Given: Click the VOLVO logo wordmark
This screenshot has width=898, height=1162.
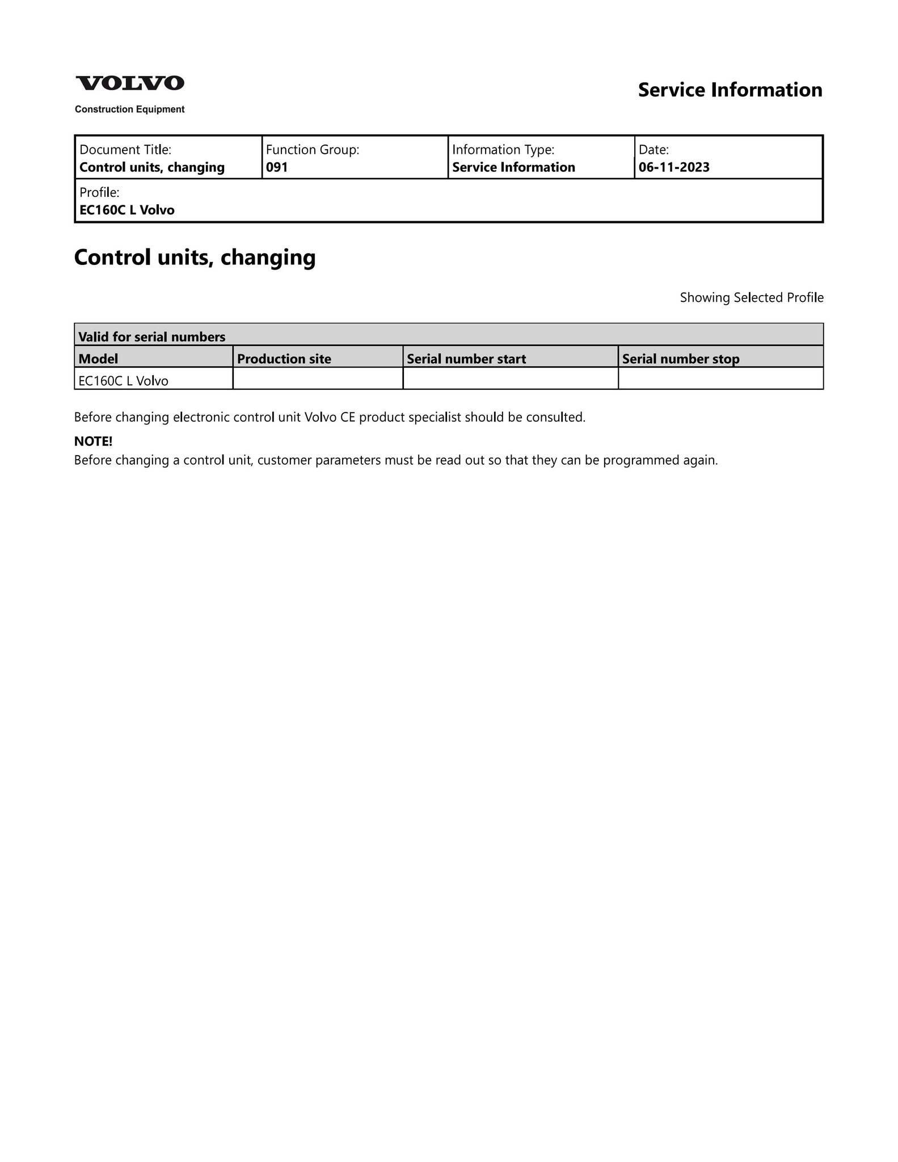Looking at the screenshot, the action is (x=130, y=83).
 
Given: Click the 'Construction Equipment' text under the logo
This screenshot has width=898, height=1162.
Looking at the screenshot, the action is (x=129, y=110).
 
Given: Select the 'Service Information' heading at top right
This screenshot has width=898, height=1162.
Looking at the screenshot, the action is (x=730, y=90).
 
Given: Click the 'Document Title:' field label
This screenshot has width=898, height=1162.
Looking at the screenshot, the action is (x=125, y=150).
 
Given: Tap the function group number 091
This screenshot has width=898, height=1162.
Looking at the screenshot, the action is (x=277, y=167).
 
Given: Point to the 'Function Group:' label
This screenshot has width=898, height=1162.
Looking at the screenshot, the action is (x=313, y=150).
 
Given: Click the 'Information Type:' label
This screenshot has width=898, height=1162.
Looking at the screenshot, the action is (x=503, y=150).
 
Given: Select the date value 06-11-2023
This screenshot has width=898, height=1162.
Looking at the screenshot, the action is (x=674, y=167).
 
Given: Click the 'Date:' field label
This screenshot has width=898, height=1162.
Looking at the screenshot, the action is (x=654, y=150).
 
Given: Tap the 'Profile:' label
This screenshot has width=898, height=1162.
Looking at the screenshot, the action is (x=99, y=192).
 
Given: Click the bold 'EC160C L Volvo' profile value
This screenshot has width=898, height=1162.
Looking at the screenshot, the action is (x=127, y=210).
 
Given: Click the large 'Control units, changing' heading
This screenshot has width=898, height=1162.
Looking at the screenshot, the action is (x=195, y=258).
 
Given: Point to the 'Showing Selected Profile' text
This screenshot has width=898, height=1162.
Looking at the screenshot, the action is (x=751, y=298).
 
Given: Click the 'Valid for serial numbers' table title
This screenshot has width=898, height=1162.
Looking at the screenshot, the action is (x=151, y=337).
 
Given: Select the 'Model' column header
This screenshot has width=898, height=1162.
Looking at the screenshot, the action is (x=98, y=359).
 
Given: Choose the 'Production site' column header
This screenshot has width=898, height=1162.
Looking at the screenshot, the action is (x=284, y=359).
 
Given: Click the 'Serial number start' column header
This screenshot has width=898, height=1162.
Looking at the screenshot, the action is (x=466, y=359).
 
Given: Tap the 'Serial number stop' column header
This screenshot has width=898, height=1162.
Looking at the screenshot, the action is (x=681, y=359).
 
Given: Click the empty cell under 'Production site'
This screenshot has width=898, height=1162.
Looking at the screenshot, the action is (x=318, y=379).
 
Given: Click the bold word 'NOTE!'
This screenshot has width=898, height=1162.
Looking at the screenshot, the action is (x=94, y=441).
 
